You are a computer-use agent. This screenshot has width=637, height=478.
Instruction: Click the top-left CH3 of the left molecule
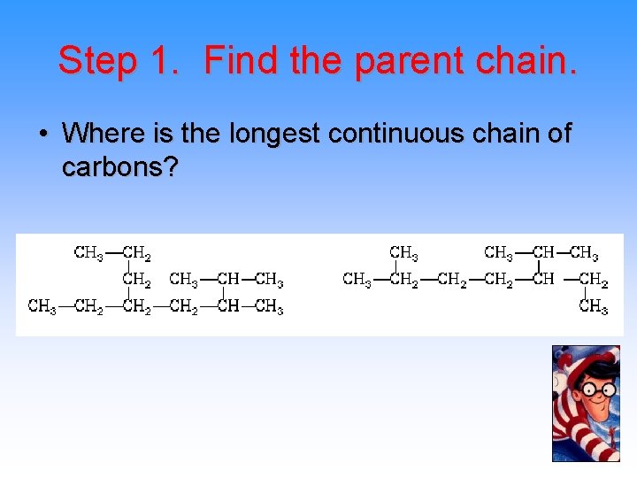tap(88, 254)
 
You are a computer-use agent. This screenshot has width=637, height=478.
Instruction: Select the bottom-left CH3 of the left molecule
tap(42, 307)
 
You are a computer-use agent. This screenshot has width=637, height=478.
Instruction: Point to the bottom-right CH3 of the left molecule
tap(269, 307)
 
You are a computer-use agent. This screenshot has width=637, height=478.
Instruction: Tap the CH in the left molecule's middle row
tap(227, 281)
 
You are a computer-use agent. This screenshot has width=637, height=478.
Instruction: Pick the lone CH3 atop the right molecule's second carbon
tap(404, 254)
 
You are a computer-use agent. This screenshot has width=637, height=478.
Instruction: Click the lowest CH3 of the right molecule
tap(594, 307)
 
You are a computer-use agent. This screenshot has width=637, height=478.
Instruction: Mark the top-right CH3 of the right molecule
tap(584, 254)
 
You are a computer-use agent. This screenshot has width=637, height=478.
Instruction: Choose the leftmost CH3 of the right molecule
tap(357, 280)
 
